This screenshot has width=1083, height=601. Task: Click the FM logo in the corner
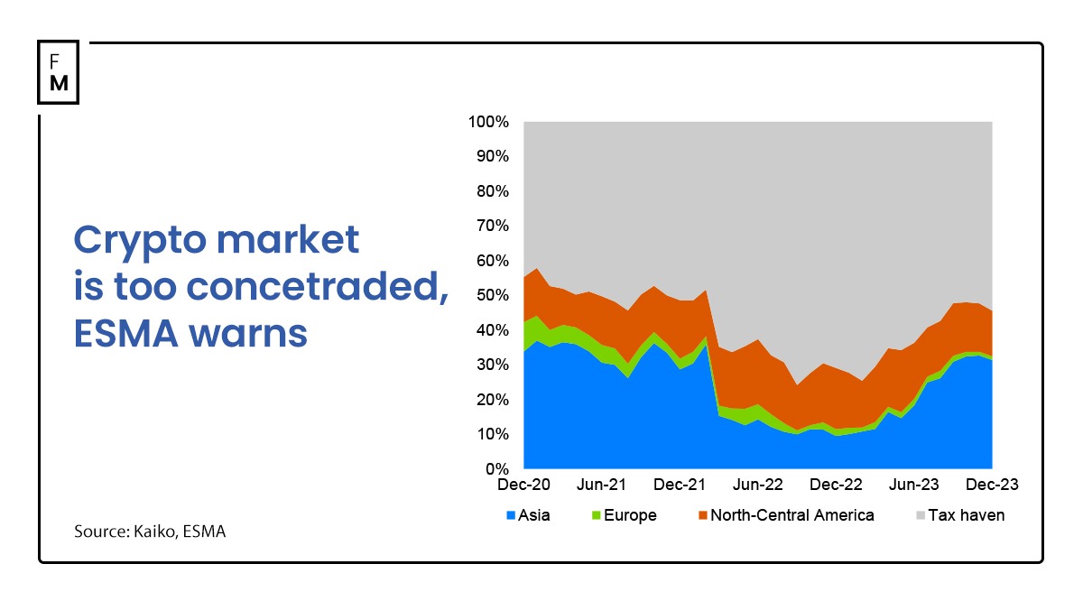click(x=59, y=72)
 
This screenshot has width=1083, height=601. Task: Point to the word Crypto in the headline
click(x=134, y=242)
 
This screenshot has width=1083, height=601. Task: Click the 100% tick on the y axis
click(x=488, y=122)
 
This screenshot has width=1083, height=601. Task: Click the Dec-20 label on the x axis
click(x=523, y=485)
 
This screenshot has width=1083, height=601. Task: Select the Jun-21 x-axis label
click(x=602, y=485)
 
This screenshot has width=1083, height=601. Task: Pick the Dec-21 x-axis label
click(x=680, y=485)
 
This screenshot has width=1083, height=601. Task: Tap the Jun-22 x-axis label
click(x=758, y=485)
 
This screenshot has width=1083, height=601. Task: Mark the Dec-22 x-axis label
click(x=836, y=485)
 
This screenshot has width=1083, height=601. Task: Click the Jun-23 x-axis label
click(x=914, y=485)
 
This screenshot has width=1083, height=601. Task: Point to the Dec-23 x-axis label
click(x=992, y=485)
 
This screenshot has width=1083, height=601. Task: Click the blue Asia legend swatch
click(x=511, y=516)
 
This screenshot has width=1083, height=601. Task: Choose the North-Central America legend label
click(x=791, y=516)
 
